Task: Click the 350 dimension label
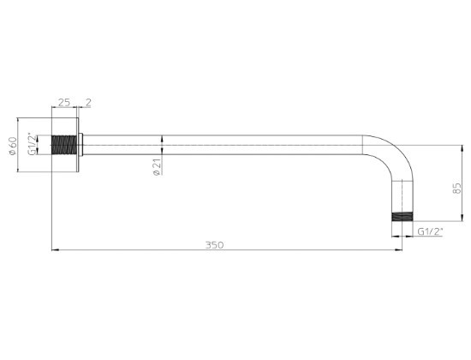tap(214, 245)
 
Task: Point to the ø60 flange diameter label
tap(13, 146)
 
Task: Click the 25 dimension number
tap(64, 103)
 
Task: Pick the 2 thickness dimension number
tap(88, 103)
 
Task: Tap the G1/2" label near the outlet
tap(431, 231)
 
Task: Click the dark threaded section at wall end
tap(64, 145)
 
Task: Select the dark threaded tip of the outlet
tap(402, 217)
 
